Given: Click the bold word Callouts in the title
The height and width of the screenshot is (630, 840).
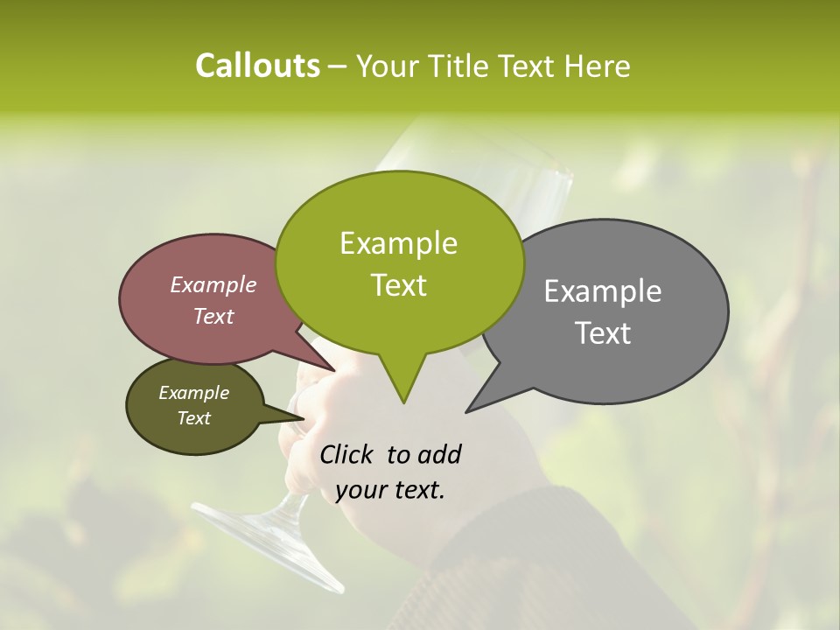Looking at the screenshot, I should pyautogui.click(x=257, y=66).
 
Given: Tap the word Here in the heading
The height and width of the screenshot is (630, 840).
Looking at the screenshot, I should pyautogui.click(x=598, y=66).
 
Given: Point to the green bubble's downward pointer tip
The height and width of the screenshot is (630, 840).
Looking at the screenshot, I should pyautogui.click(x=403, y=402).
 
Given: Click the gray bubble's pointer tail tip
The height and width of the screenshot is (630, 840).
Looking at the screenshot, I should pyautogui.click(x=468, y=410).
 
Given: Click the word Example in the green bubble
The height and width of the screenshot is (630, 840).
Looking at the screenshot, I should pyautogui.click(x=398, y=243).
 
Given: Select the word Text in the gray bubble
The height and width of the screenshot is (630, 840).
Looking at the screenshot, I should pyautogui.click(x=604, y=333).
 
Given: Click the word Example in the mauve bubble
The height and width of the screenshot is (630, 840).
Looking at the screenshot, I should pyautogui.click(x=213, y=284).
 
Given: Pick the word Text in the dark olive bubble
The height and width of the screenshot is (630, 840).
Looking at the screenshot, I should pyautogui.click(x=193, y=418).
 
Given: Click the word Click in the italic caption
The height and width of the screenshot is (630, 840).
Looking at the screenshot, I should pyautogui.click(x=347, y=454).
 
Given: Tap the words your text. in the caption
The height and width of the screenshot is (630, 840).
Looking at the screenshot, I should pyautogui.click(x=390, y=490).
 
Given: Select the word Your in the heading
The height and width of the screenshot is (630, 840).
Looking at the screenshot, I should pyautogui.click(x=387, y=66).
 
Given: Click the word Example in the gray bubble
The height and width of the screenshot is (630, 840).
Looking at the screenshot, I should pyautogui.click(x=602, y=291).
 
